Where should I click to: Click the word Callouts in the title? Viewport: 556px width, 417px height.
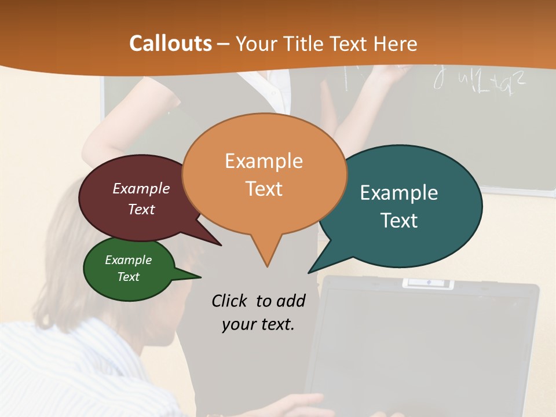[x=170, y=43]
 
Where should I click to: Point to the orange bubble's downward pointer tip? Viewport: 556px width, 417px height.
[x=267, y=266]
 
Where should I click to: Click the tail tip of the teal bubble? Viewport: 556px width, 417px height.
[x=309, y=272]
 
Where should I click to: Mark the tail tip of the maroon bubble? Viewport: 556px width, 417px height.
[x=221, y=245]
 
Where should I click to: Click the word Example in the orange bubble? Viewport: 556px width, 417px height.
[x=264, y=161]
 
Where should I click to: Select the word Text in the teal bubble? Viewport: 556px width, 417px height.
[x=399, y=221]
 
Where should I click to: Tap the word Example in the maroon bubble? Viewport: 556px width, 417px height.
[x=141, y=188]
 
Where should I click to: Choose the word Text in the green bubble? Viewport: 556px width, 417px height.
[x=129, y=277]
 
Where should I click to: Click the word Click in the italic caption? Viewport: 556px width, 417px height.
[x=229, y=301]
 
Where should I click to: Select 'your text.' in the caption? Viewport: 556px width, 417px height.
[x=258, y=324]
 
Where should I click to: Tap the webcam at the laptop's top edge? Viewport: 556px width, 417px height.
[x=428, y=283]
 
